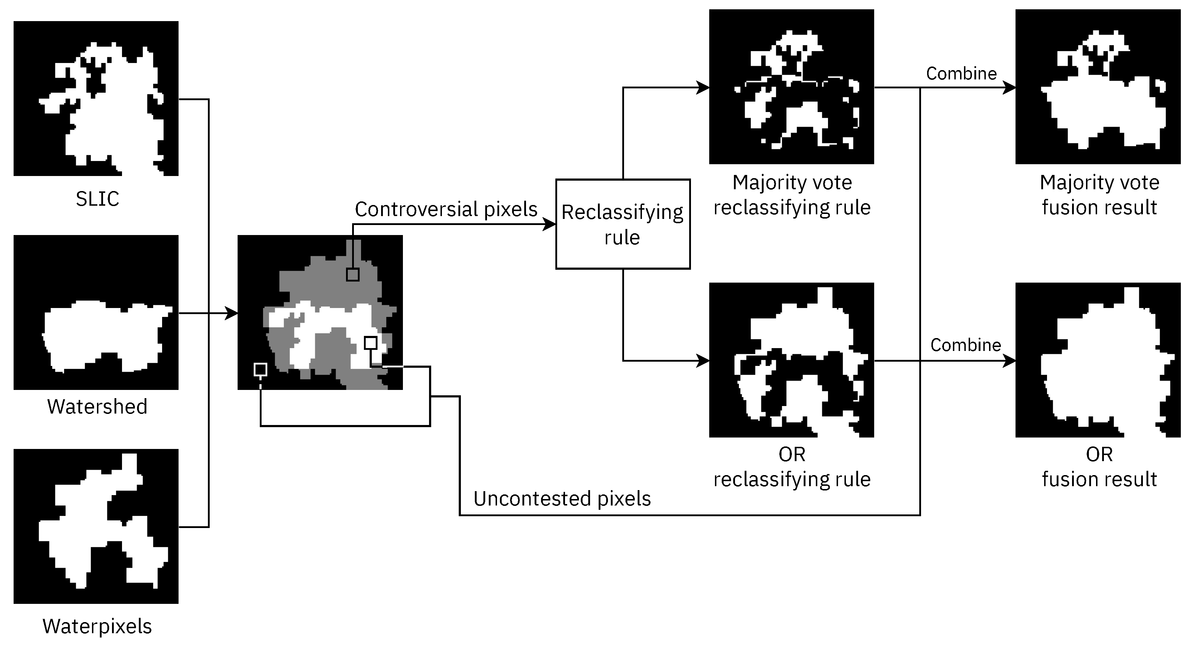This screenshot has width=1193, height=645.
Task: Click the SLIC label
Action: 97,199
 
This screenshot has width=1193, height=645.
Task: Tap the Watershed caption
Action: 97,406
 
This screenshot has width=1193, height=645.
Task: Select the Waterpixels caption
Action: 97,626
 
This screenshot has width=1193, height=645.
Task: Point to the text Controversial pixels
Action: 445,209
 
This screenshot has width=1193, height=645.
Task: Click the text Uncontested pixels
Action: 562,499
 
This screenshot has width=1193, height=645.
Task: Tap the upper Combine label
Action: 961,74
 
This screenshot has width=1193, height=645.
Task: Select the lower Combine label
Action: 966,345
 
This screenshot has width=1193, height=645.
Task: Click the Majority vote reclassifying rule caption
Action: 792,195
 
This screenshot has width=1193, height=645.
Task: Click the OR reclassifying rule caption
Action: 792,467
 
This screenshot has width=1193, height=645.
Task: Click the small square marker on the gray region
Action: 352,275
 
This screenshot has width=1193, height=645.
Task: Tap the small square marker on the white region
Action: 370,343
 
